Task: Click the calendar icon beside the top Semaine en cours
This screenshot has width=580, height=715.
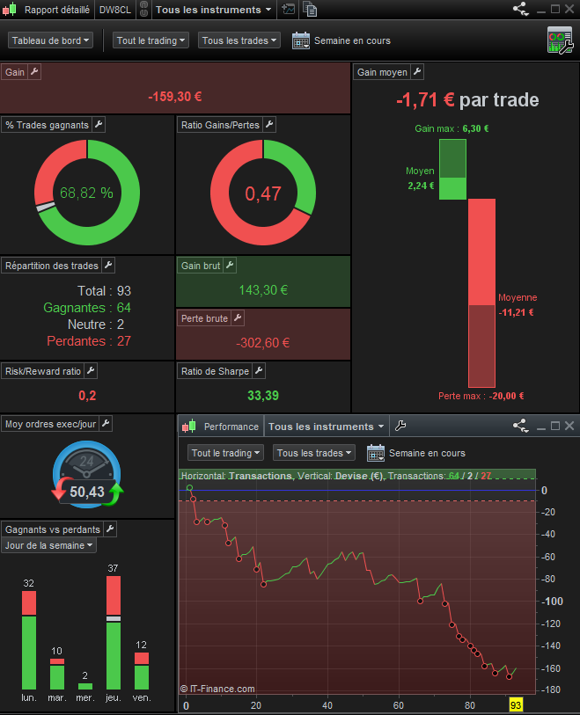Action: click(300, 40)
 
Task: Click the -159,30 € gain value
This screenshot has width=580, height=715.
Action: click(175, 98)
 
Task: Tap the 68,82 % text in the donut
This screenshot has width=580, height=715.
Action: click(86, 193)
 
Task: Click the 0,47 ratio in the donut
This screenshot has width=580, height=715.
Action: click(263, 193)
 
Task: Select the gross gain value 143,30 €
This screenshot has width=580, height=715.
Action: click(263, 289)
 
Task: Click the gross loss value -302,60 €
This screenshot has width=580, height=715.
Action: click(263, 342)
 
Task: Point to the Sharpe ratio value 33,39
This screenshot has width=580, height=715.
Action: click(263, 396)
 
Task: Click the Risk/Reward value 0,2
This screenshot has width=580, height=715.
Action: click(87, 396)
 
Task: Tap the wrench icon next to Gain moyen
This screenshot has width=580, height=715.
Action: click(417, 72)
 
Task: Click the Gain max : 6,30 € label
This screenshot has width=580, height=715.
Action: click(452, 128)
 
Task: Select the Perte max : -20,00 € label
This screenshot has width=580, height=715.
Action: click(481, 396)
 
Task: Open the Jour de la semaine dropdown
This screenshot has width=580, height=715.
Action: click(49, 545)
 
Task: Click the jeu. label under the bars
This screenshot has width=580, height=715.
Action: click(113, 697)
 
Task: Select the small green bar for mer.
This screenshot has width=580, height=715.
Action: click(85, 686)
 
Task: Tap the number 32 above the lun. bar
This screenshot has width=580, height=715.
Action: click(29, 583)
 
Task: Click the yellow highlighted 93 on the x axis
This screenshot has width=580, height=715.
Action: click(516, 705)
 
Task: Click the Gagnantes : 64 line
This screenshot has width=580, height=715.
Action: click(87, 308)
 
